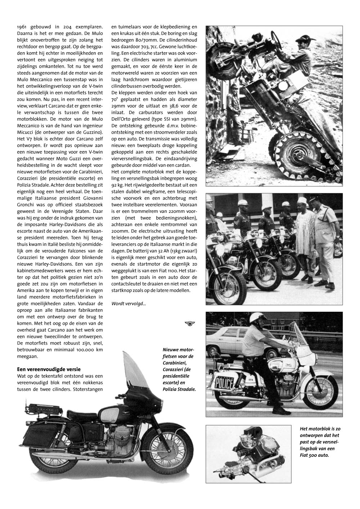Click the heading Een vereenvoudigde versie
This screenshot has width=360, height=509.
pos(49,369)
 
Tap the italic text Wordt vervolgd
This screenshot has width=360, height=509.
pos(129,303)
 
